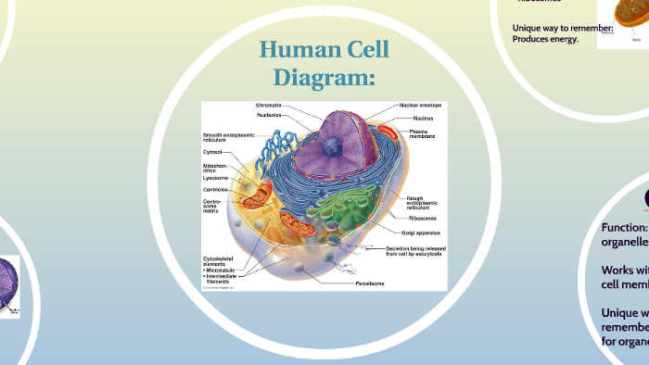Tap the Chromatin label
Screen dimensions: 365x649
point(269,106)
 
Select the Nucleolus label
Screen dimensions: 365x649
point(270,115)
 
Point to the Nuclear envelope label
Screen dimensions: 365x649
point(420,106)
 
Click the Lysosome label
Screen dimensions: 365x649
point(215,178)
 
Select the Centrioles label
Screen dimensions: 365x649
point(216,189)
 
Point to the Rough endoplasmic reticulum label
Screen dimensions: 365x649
point(422,204)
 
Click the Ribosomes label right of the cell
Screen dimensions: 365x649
point(422,219)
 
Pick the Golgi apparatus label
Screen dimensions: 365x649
point(421,233)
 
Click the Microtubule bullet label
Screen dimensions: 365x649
point(224,269)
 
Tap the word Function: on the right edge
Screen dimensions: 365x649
point(624,227)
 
